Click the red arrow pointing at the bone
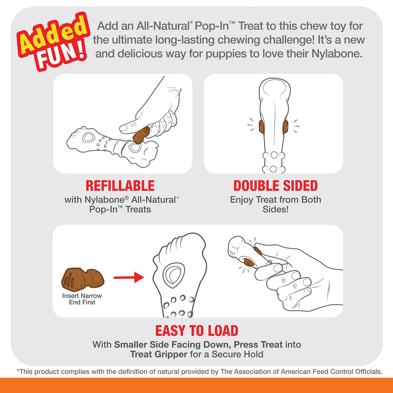click(129, 277)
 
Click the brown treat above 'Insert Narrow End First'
click(83, 279)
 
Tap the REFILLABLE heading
click(120, 186)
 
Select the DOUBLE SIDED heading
click(275, 186)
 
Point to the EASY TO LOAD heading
click(196, 331)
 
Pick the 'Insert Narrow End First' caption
click(82, 299)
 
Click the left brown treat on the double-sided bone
click(262, 127)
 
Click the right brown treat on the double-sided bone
click(285, 127)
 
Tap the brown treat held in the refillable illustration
click(141, 135)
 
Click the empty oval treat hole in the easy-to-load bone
click(174, 275)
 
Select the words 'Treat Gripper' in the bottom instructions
click(159, 354)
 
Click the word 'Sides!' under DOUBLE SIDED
click(275, 209)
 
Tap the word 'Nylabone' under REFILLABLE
click(105, 200)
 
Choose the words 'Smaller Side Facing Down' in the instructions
click(172, 345)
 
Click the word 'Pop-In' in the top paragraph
click(212, 26)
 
